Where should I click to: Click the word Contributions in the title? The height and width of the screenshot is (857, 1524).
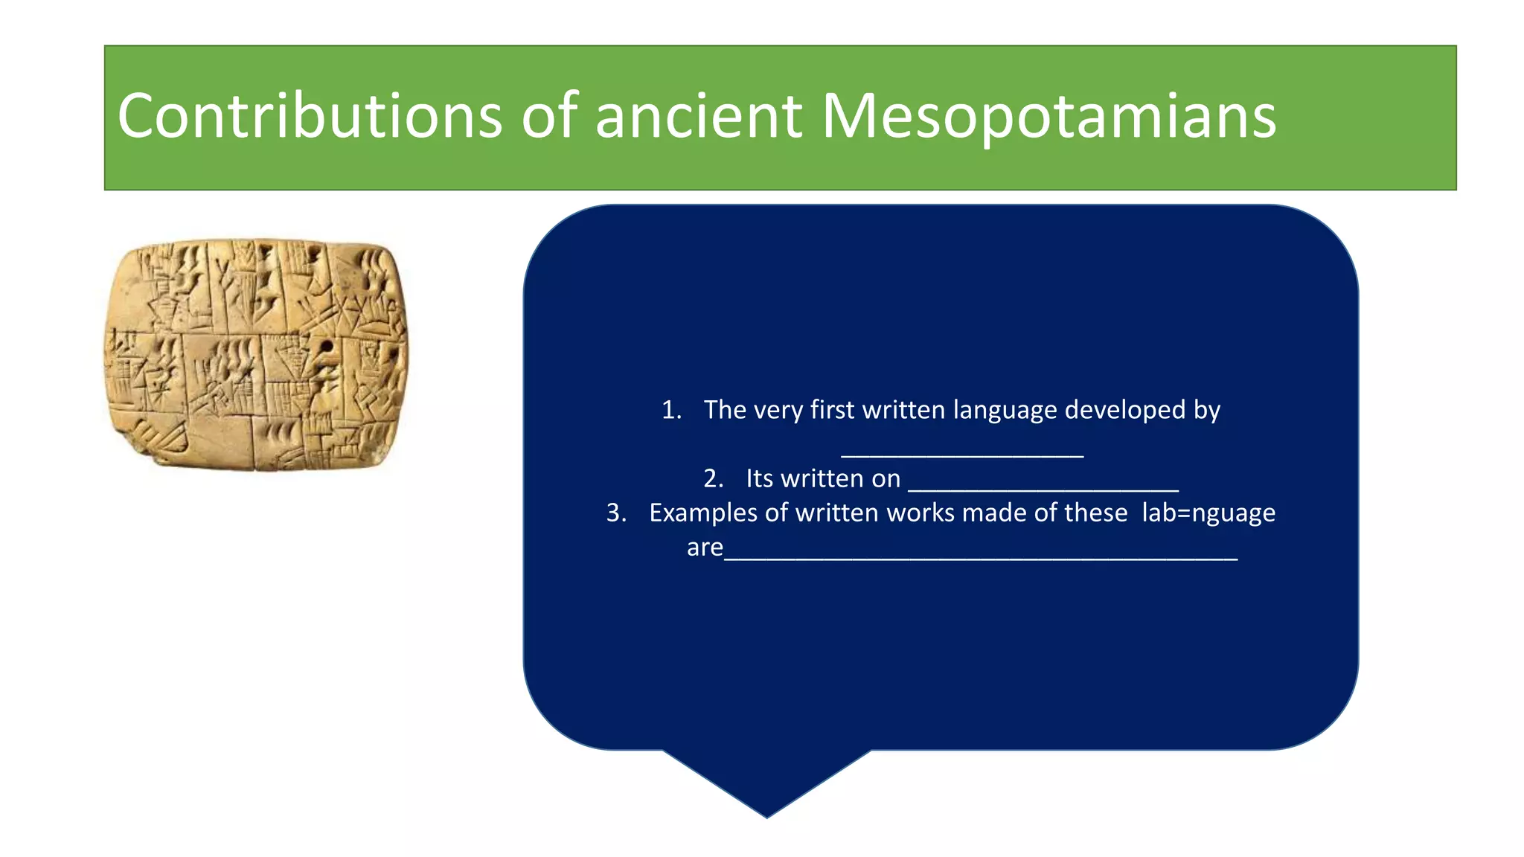pos(310,116)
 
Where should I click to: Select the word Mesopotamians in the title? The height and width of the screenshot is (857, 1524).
pos(1048,116)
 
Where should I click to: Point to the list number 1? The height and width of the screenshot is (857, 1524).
pos(670,410)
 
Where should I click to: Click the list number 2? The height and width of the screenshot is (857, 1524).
pos(713,478)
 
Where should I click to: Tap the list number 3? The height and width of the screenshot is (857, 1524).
pos(615,513)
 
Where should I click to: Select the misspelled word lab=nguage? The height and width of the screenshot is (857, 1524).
pos(1208,513)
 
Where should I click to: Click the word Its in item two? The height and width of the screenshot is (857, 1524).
pos(759,478)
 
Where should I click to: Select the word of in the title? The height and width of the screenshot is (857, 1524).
pos(549,116)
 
